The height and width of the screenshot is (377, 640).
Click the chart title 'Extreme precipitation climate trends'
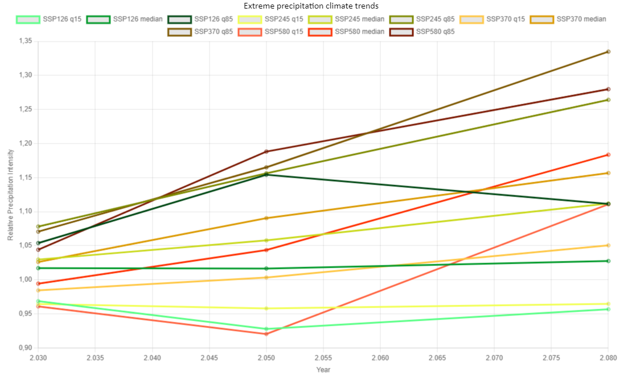tap(311, 6)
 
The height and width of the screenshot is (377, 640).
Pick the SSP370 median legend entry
tap(568, 19)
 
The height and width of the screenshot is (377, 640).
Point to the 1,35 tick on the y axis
tap(24, 41)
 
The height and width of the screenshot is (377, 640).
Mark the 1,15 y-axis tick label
tap(24, 178)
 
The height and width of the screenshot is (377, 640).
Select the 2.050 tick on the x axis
tap(266, 358)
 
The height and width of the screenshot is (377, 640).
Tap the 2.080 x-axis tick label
tap(608, 358)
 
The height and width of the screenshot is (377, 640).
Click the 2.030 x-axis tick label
tap(39, 358)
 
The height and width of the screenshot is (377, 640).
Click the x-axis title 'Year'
tap(323, 369)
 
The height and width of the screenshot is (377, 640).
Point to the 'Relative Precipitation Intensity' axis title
tap(11, 194)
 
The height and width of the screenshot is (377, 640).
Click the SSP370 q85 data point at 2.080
tap(608, 52)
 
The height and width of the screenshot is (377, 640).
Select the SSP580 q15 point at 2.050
tap(266, 334)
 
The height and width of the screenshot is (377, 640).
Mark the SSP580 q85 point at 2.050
tap(266, 151)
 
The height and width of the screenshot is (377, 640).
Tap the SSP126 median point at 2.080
tap(608, 261)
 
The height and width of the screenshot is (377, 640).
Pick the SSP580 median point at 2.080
tap(608, 155)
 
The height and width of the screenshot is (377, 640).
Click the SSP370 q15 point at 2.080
tap(608, 245)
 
